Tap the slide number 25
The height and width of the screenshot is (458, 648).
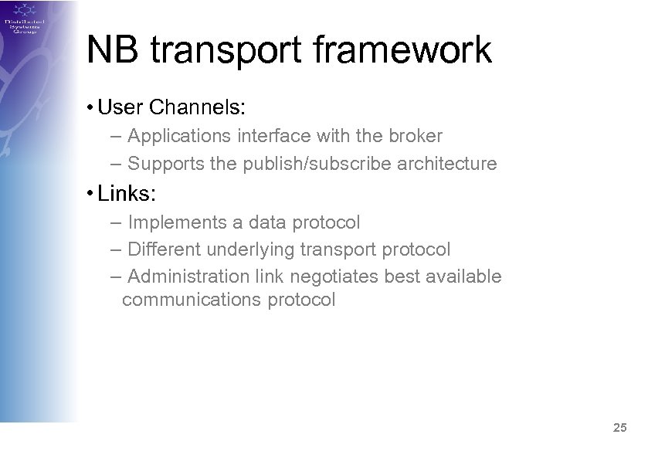pos(619,427)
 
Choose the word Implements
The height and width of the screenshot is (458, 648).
pos(176,223)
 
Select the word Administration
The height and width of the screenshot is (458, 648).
pos(188,276)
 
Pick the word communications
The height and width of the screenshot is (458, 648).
pos(192,300)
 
